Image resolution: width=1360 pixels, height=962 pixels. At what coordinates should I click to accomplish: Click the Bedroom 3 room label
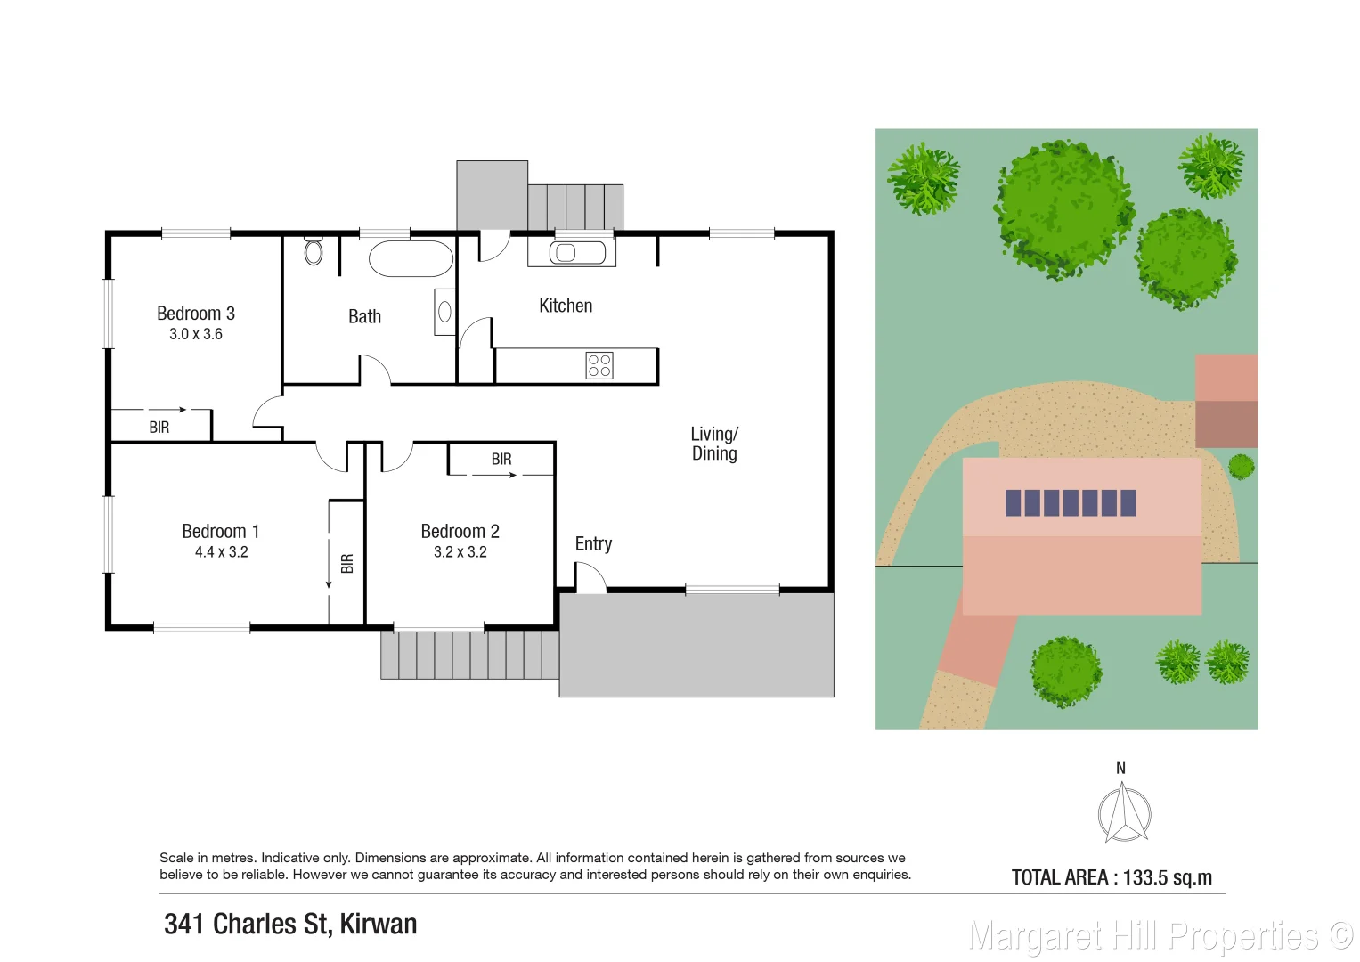pos(196,314)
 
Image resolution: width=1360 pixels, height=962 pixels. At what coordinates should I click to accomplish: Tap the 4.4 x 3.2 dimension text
pos(222,552)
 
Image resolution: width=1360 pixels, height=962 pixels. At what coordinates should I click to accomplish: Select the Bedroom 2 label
pos(460,532)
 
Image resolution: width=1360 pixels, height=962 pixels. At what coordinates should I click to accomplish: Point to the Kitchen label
pos(566,306)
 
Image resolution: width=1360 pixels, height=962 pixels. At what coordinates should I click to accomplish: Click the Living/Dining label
pos(714,444)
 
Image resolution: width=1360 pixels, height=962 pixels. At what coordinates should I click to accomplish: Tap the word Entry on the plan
pos(593,544)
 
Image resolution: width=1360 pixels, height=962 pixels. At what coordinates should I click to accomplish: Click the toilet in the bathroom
pos(313,251)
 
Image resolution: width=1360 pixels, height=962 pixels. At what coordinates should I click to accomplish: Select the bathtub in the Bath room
pos(411,259)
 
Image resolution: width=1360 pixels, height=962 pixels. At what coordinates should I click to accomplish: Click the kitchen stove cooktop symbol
pos(599,365)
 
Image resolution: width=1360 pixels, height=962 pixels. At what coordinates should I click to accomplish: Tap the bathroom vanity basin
pos(444,312)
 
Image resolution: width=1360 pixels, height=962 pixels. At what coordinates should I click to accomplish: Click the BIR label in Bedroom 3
pos(159,428)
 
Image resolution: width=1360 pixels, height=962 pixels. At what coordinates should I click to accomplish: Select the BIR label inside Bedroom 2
pos(501,460)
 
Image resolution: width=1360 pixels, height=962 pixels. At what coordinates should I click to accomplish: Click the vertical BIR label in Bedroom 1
pos(347,563)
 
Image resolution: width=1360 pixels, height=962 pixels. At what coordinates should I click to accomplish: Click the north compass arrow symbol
pos(1124,812)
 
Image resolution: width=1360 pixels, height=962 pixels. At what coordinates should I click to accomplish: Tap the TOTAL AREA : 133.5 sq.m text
pos(1112,877)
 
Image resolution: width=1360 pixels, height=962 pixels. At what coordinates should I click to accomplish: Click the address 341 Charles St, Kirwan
pos(290,925)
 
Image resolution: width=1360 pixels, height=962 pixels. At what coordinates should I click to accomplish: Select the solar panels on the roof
pos(1071,503)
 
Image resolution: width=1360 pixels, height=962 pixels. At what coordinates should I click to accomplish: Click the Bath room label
pos(364,317)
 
